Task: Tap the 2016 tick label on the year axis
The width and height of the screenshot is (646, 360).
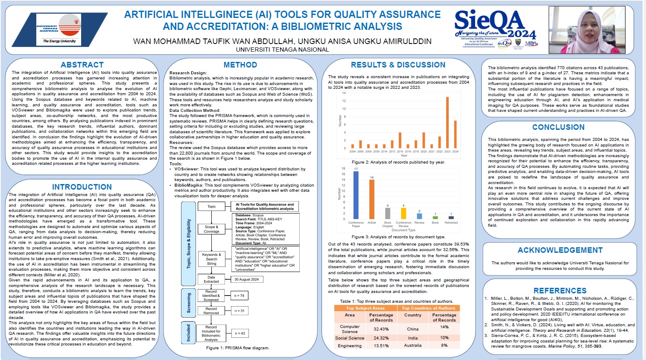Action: coord(400,152)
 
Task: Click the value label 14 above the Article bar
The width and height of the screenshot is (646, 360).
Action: coord(372,177)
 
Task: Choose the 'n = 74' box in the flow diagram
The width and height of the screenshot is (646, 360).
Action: coord(240,296)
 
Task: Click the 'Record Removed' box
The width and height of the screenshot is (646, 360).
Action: coord(211,310)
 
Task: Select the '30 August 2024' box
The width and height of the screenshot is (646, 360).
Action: coord(247,279)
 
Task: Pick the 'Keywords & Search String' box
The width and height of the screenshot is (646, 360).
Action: coord(211,259)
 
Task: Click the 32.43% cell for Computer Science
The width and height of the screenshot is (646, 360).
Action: coord(381,329)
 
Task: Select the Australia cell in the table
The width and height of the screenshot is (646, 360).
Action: coord(413,345)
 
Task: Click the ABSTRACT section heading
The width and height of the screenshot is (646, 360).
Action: coord(82,65)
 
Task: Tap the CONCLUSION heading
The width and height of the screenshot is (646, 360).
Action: coord(558,127)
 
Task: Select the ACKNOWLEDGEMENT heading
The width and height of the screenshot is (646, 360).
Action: coord(560,250)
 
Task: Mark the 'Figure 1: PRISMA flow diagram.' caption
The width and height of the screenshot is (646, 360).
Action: coord(238,348)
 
